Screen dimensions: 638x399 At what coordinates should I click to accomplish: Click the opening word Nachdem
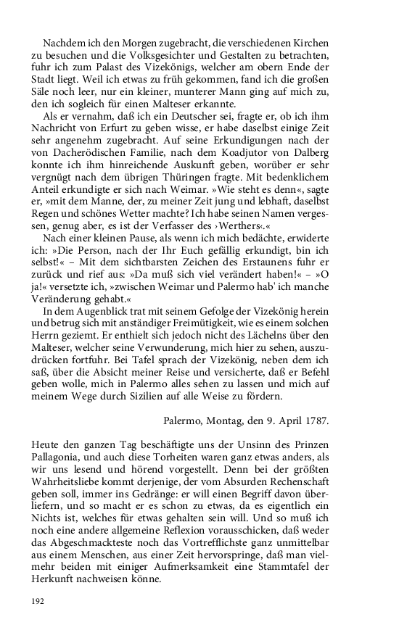click(x=62, y=42)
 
